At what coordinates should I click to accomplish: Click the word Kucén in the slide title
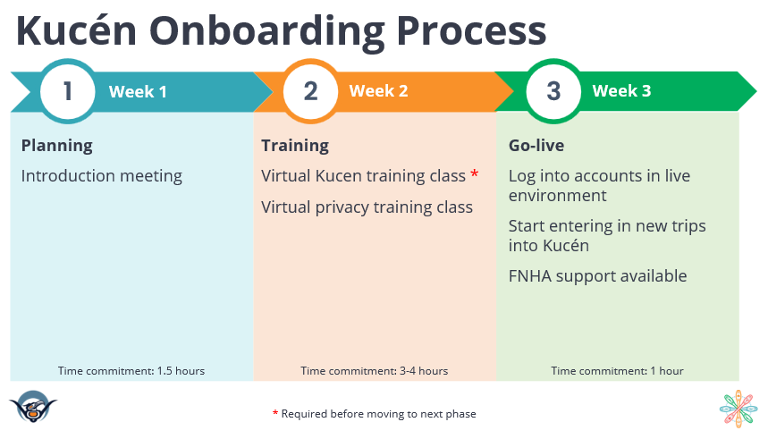tap(76, 30)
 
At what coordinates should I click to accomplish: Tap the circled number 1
tap(68, 91)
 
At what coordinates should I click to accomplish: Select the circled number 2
tap(310, 91)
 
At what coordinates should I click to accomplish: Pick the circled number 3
tap(553, 91)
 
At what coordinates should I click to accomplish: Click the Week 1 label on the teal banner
tap(138, 91)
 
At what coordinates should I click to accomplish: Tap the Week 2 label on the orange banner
tap(378, 91)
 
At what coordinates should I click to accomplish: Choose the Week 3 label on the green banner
tap(621, 91)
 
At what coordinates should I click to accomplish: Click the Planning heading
tap(56, 146)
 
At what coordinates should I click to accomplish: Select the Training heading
tap(295, 146)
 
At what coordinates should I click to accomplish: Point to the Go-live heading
tap(536, 146)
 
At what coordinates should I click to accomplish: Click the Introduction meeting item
tap(101, 176)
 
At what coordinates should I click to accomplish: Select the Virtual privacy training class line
tap(367, 207)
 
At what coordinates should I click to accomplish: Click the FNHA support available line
tap(597, 276)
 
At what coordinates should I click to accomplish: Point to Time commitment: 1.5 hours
tap(131, 371)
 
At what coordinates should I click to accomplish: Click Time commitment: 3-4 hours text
tap(374, 371)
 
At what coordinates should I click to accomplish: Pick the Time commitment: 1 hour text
tap(617, 371)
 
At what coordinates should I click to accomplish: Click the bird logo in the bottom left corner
tap(33, 409)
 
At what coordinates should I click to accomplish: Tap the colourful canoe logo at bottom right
tap(738, 409)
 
